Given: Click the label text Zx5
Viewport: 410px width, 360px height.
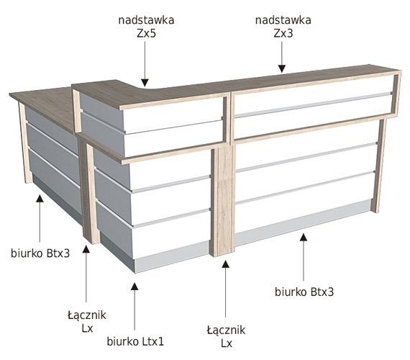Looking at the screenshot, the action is tap(146, 34).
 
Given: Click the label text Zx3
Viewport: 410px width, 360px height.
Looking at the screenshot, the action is tap(283, 34).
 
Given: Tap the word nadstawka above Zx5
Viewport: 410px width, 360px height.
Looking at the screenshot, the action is tap(146, 20).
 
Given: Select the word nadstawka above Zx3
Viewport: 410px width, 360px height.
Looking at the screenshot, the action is tap(283, 20).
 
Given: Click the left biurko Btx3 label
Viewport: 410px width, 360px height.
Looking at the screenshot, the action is tap(40, 253).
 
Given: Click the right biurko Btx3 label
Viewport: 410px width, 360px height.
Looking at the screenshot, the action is tap(304, 292).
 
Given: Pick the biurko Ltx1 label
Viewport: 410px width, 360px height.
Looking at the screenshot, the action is tap(135, 341).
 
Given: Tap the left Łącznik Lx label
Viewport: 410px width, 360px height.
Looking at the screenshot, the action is tap(87, 321).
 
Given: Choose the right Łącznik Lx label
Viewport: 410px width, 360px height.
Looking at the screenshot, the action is tap(226, 336).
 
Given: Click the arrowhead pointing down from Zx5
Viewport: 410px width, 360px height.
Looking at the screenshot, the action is tap(145, 83).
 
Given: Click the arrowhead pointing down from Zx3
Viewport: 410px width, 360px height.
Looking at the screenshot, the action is tap(282, 68).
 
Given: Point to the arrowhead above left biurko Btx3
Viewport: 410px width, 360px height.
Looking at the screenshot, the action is tap(40, 198).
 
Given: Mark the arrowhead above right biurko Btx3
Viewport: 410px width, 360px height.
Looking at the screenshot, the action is tap(304, 237).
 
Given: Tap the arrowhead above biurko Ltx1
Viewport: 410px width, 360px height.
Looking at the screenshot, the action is tap(135, 287).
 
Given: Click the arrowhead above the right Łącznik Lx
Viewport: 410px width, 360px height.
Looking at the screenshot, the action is tap(225, 264).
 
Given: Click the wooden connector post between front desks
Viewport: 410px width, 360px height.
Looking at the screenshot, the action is tap(222, 200).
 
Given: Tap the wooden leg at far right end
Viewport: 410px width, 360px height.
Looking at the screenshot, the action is tap(379, 166).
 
